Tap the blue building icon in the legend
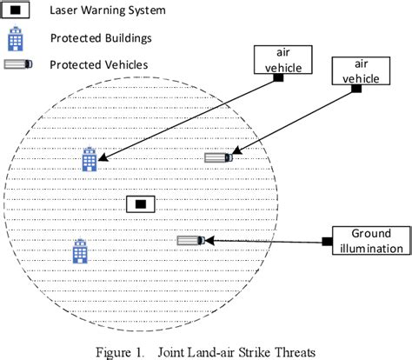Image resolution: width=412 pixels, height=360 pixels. (x=17, y=39)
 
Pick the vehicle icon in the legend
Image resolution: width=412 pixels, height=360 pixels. (x=17, y=64)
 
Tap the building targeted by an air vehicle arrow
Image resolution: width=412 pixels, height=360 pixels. (x=89, y=159)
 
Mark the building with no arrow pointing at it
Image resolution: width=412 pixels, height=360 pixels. (x=81, y=252)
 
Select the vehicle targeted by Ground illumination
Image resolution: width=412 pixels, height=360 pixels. (x=190, y=240)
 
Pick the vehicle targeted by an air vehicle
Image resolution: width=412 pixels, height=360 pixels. (x=218, y=157)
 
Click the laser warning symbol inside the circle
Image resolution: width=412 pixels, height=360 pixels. (x=140, y=204)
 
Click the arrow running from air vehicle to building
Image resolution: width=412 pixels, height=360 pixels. (x=187, y=119)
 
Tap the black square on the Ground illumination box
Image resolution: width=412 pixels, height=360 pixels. (x=327, y=241)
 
